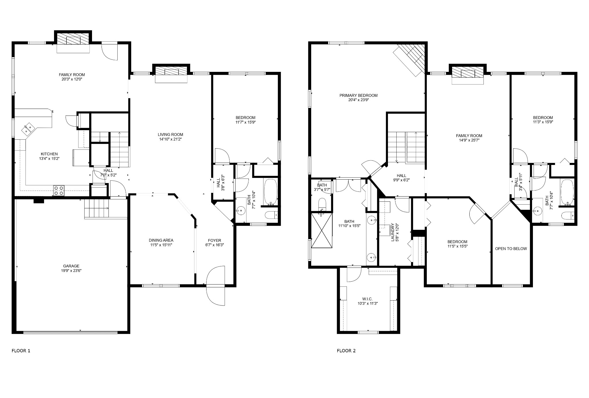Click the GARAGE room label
tap(72, 266)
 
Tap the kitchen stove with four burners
tap(59, 191)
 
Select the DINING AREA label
tap(161, 240)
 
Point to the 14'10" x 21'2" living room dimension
tap(171, 139)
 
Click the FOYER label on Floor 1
tap(215, 240)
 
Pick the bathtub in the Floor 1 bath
tap(270, 192)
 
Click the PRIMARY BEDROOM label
tap(358, 95)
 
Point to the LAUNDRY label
tap(393, 232)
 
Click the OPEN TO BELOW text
tap(511, 249)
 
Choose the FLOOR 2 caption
tap(346, 351)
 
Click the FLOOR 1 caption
tap(21, 351)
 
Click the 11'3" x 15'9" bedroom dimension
tap(543, 122)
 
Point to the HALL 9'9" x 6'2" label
tap(401, 178)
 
